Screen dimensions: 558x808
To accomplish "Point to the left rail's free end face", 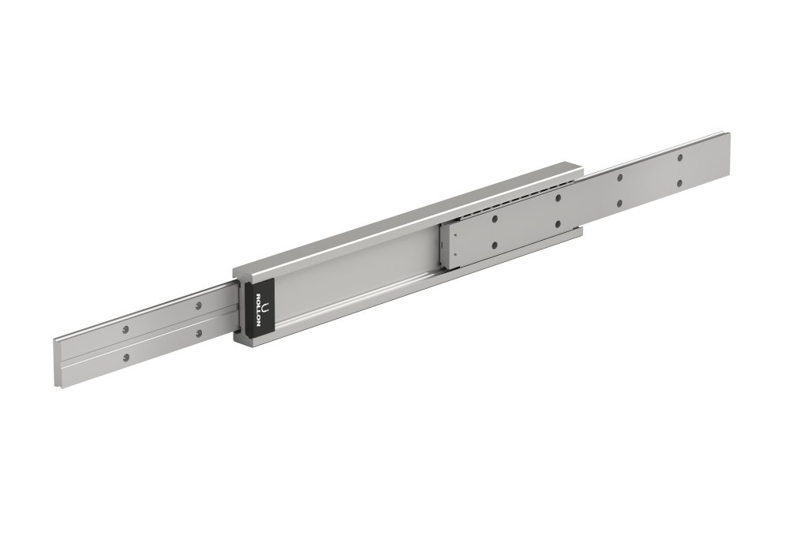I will (x=57, y=363).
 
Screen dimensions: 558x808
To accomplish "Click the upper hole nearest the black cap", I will (x=199, y=304).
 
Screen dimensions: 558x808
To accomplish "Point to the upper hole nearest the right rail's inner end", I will (x=495, y=219).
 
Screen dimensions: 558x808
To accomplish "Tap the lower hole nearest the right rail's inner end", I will (x=495, y=245).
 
